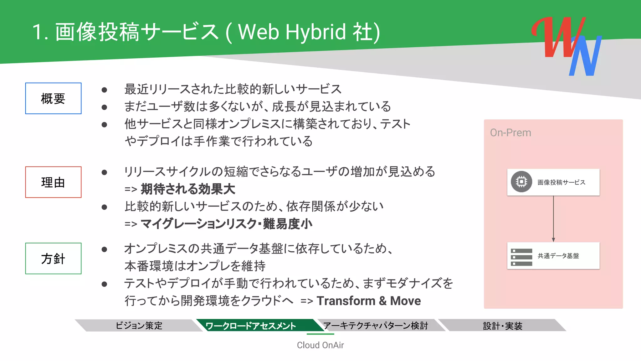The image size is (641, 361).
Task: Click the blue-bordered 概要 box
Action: point(53,98)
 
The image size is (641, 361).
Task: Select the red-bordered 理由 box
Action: point(53,182)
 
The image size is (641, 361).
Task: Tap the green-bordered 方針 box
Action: point(53,259)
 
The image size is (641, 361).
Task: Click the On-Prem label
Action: point(510,133)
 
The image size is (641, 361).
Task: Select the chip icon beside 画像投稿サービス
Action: point(521,182)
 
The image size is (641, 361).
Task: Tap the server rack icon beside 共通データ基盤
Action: point(521,257)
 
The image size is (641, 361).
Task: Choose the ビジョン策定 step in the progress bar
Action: point(139,326)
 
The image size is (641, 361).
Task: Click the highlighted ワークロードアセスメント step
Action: point(251,326)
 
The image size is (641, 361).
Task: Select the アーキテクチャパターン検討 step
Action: point(376,326)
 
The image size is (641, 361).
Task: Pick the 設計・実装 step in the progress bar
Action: point(502,326)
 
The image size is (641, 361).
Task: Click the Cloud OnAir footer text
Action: point(320,345)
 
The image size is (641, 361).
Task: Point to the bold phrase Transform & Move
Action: point(369,301)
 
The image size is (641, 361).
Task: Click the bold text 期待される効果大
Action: point(188,189)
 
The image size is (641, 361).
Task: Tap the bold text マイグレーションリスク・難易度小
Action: point(226,224)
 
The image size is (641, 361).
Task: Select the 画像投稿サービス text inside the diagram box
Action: point(561,182)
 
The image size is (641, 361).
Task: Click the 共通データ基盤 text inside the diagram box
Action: point(558,256)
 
